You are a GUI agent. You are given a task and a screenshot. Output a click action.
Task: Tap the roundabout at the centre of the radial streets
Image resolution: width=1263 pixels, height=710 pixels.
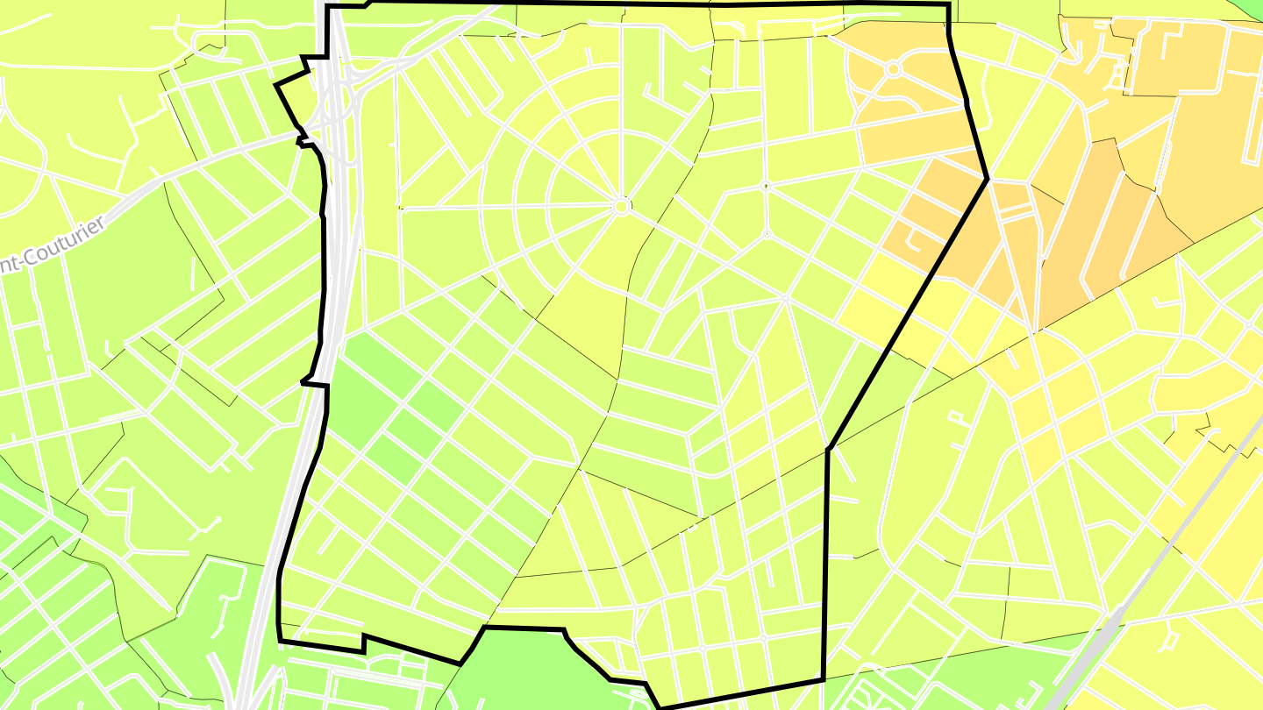620,207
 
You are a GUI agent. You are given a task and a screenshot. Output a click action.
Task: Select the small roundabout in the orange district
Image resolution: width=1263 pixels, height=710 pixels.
893,68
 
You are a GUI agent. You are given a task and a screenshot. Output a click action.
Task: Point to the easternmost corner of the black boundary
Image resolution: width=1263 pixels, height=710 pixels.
988,179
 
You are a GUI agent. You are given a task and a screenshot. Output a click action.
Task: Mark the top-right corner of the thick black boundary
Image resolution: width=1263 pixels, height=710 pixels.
949,5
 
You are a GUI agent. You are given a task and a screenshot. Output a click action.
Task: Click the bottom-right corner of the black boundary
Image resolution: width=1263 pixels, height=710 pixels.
823,679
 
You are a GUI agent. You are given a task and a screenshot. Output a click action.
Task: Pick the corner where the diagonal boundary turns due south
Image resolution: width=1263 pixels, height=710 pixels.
828,450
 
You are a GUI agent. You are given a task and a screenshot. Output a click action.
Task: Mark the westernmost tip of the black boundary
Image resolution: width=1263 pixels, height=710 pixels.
276,85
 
